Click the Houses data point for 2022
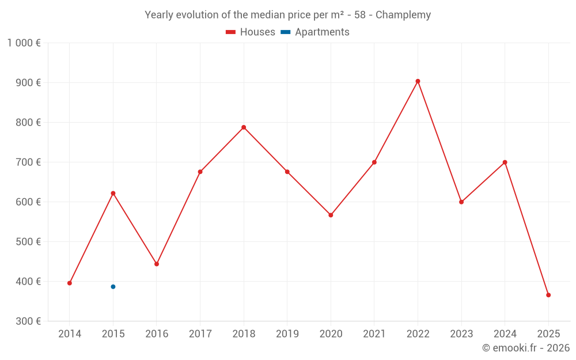[418, 81]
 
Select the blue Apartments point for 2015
[113, 287]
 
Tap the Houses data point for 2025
[548, 295]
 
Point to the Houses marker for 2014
[70, 283]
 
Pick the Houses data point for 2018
[244, 127]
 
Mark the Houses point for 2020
[331, 215]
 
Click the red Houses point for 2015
[113, 194]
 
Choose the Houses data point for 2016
[157, 264]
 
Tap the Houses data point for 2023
[461, 202]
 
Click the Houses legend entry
[251, 32]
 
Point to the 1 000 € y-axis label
[24, 43]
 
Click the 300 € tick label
[28, 321]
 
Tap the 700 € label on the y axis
[28, 162]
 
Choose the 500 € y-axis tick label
[28, 242]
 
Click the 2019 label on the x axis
[287, 334]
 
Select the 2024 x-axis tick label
[505, 334]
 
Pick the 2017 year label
[200, 334]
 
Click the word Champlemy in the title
[403, 15]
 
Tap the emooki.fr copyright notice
[525, 348]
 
